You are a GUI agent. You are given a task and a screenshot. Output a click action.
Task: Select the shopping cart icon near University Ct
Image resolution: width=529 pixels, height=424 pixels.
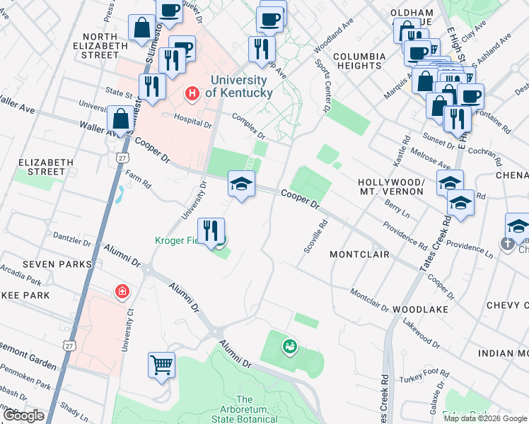click(161, 365)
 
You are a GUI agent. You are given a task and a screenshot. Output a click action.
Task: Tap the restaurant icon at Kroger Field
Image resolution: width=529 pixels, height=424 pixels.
click(211, 230)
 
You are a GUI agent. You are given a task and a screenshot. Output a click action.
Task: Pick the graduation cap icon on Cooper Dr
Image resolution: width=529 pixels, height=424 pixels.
click(241, 185)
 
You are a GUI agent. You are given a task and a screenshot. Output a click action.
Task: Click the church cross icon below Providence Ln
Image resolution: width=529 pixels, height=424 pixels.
click(507, 244)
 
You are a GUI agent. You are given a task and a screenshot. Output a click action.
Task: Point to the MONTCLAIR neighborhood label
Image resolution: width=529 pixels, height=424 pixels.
click(360, 254)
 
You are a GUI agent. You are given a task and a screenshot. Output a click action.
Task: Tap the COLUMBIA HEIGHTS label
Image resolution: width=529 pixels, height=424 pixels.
click(359, 61)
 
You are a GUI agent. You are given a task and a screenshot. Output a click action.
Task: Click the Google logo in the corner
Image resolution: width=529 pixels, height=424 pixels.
click(24, 416)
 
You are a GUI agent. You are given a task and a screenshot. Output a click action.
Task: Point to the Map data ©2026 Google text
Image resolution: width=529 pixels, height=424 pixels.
click(484, 418)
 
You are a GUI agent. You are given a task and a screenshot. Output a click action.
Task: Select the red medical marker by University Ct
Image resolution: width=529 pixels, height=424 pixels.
click(122, 291)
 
